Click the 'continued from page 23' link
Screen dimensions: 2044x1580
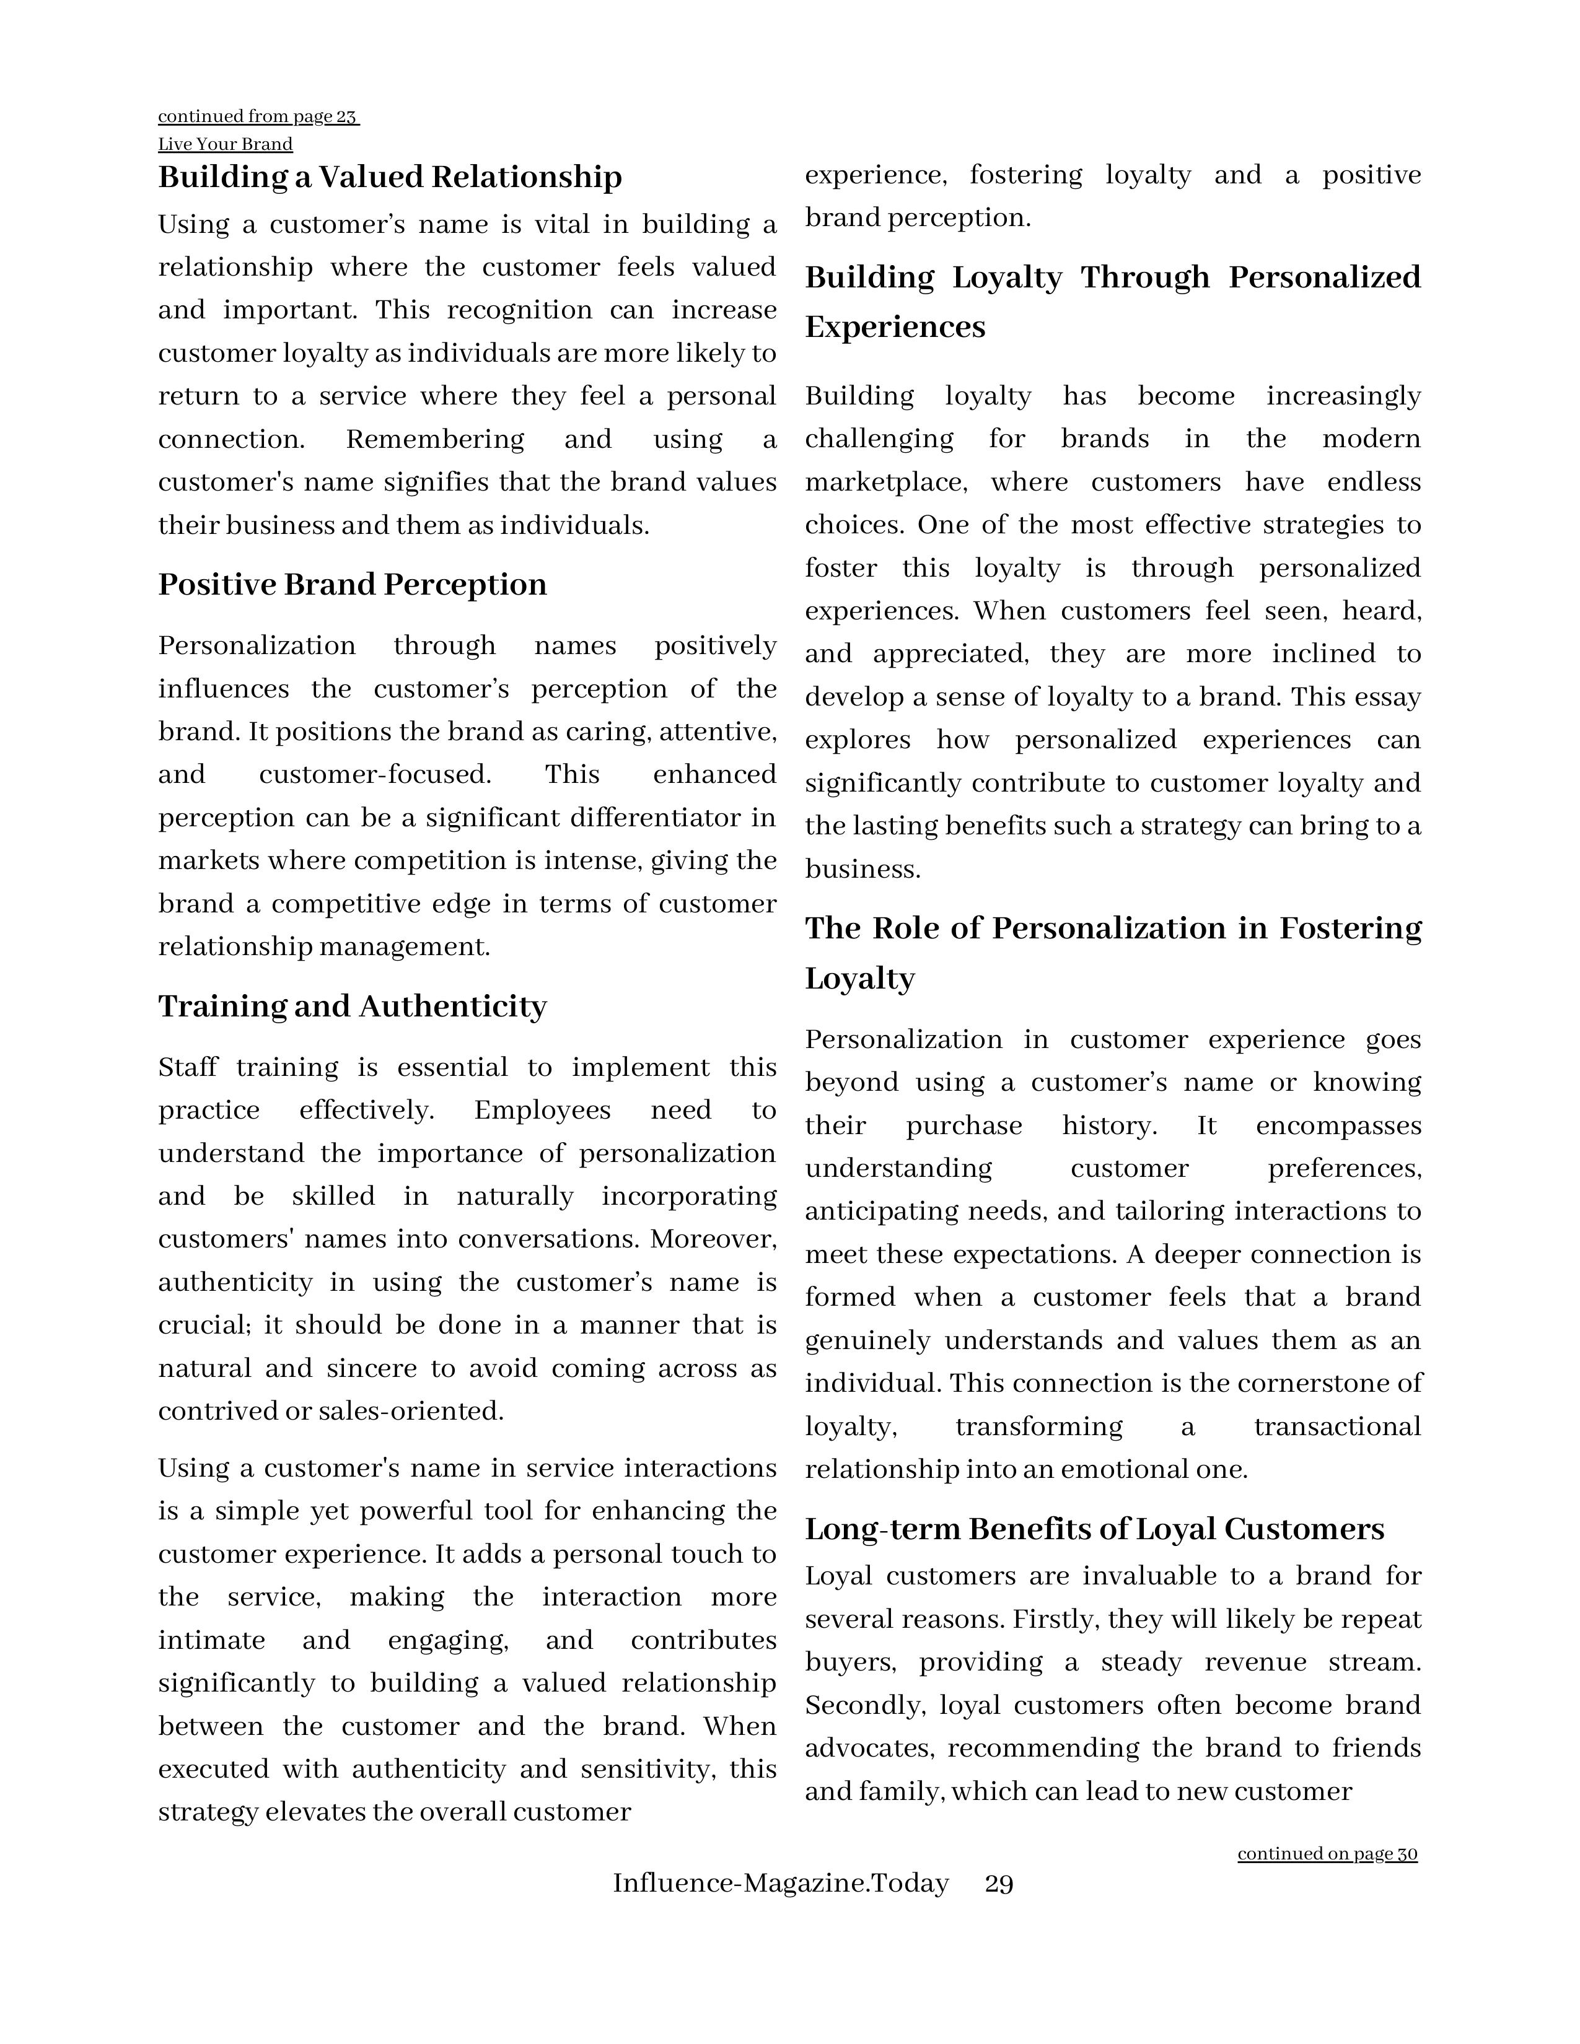(x=258, y=117)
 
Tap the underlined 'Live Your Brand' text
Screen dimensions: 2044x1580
(x=225, y=144)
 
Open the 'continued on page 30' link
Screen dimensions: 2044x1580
(x=1327, y=1854)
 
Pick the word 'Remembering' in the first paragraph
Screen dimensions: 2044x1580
(x=434, y=439)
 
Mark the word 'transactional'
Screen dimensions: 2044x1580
(x=1336, y=1426)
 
